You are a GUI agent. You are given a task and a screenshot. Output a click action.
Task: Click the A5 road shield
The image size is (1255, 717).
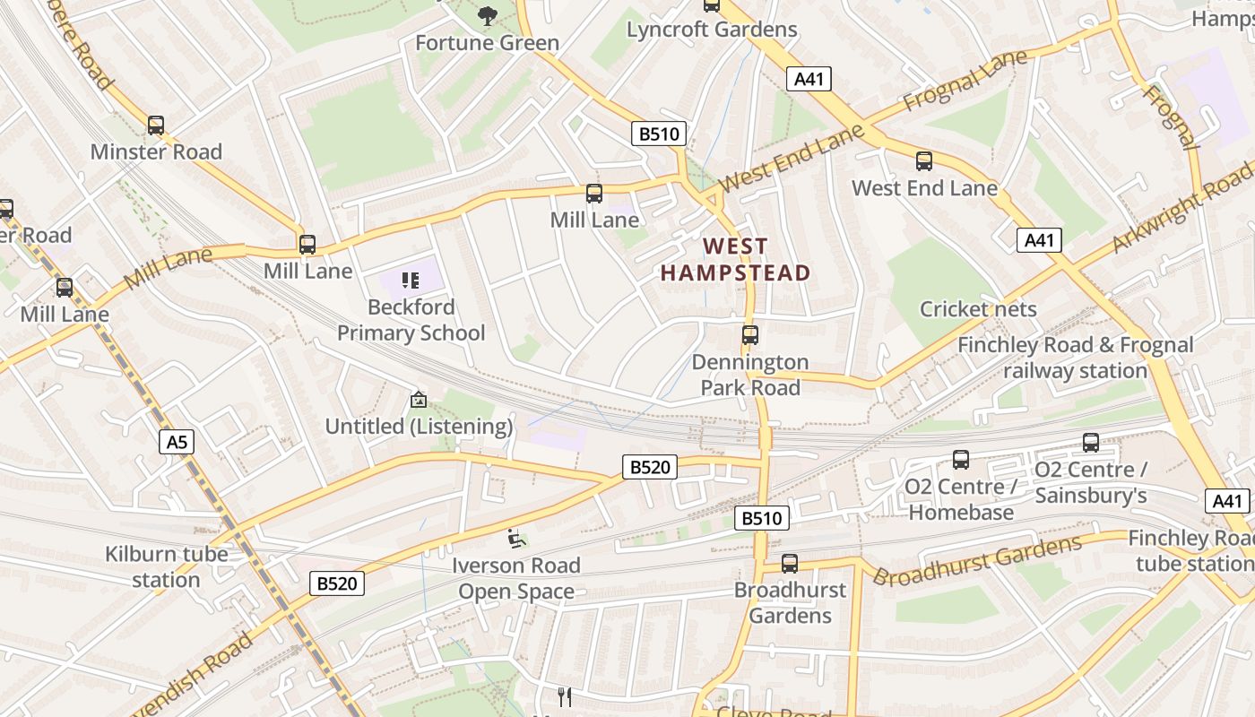[177, 441]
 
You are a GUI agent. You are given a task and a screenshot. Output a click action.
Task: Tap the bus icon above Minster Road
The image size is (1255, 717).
[156, 125]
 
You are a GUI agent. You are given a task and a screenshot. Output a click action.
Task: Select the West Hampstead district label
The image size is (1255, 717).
[735, 259]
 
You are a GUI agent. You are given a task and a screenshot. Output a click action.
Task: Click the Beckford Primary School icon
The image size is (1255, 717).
[411, 281]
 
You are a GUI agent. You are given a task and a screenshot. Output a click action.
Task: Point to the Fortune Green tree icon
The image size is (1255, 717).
[487, 15]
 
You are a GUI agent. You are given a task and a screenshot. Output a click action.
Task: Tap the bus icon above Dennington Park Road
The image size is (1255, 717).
[749, 335]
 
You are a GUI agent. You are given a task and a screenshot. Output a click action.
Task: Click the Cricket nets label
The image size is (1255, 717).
[978, 309]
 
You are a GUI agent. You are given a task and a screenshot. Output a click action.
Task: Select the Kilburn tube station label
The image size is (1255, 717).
[166, 566]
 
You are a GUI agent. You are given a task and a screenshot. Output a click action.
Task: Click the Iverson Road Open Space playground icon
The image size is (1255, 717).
[516, 539]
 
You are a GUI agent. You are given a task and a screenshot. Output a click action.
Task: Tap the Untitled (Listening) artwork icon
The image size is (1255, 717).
[418, 400]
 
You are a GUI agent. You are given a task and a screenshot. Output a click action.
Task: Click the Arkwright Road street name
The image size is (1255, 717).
[1184, 206]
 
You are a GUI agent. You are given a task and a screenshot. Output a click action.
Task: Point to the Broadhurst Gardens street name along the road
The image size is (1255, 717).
[978, 560]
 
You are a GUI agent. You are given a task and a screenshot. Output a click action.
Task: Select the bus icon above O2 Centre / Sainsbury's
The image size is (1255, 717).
[1090, 442]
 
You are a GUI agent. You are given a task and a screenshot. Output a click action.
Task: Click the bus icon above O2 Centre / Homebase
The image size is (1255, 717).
[961, 460]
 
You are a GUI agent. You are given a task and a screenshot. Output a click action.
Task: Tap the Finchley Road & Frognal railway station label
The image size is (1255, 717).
[1075, 358]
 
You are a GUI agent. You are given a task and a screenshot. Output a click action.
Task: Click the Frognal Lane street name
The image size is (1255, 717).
[965, 82]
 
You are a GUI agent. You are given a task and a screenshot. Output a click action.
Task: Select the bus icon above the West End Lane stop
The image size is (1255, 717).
[923, 161]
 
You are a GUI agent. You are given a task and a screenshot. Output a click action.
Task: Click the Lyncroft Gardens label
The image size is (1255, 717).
[712, 30]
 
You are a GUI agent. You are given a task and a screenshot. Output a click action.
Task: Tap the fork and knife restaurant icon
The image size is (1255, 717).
[565, 696]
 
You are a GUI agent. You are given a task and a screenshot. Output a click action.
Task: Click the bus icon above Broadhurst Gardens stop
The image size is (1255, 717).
[789, 563]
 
